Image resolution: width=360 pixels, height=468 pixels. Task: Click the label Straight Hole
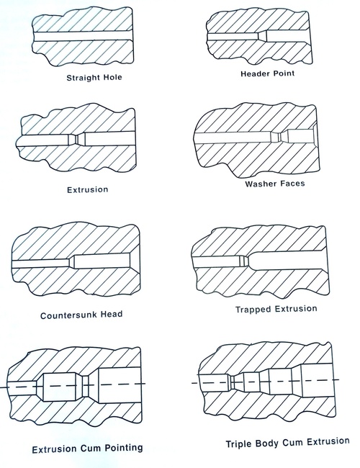point(94,77)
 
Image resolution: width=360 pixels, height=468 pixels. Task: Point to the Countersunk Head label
point(81,315)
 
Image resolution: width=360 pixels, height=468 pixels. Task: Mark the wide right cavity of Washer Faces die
point(301,136)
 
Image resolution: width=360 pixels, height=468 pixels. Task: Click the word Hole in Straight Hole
point(110,77)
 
